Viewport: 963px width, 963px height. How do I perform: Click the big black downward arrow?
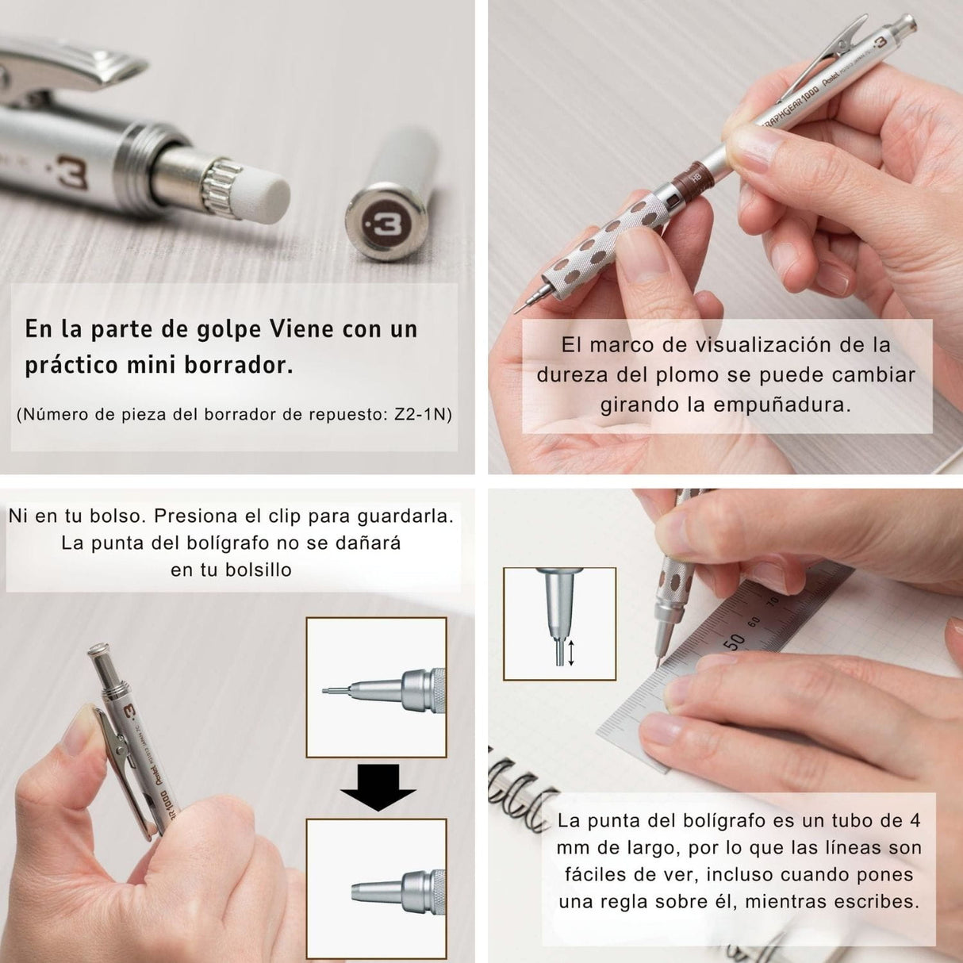coord(377,788)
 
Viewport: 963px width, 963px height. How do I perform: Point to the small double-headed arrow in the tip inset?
coord(570,653)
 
